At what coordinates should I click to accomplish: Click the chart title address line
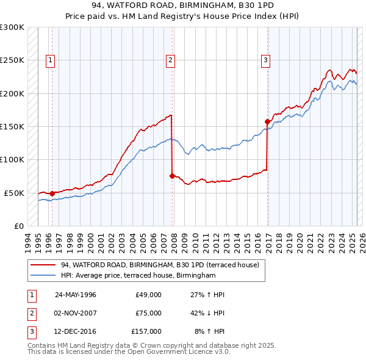click(182, 6)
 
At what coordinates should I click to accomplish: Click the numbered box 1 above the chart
click(49, 60)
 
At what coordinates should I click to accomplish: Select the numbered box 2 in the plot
click(170, 60)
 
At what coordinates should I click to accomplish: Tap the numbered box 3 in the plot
click(266, 60)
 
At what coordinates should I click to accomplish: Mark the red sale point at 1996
click(52, 193)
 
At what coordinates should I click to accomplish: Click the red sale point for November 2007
click(172, 176)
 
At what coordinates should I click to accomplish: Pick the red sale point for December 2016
click(267, 122)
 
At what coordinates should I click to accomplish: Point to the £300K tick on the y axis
click(12, 27)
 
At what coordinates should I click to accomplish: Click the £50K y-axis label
click(15, 193)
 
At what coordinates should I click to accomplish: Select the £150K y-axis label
click(12, 126)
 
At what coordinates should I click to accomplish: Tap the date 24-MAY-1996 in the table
click(76, 295)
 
